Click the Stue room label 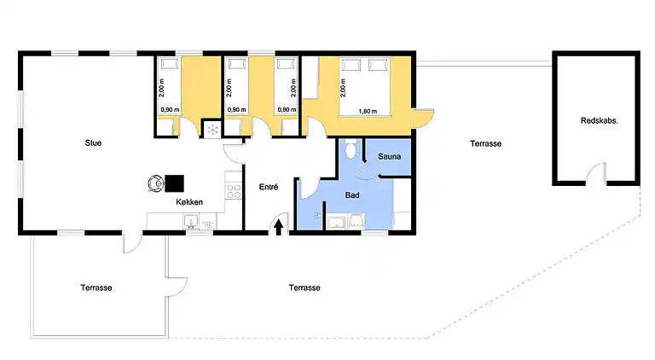tap(93, 143)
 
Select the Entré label tap(268, 186)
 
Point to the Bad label tap(351, 195)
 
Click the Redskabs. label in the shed tap(599, 120)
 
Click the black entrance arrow tap(279, 225)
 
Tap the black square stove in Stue tap(175, 183)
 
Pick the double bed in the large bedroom tap(365, 85)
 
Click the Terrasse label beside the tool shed tap(485, 144)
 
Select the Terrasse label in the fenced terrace tap(96, 287)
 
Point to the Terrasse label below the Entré tap(304, 287)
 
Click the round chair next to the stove tap(155, 182)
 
